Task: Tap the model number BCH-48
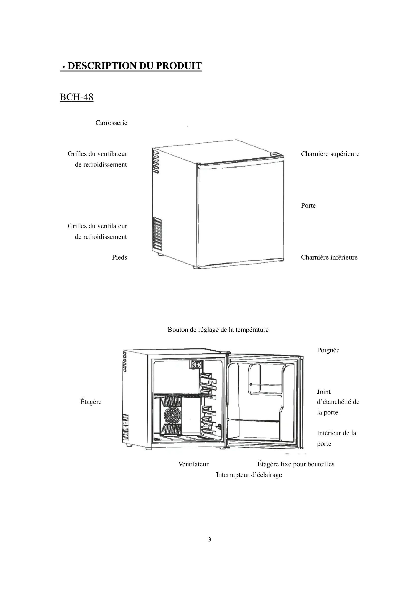pos(76,97)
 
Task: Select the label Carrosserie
pos(111,123)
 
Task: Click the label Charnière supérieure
pos(330,154)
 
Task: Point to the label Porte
pos(308,206)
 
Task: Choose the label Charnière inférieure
pos(329,258)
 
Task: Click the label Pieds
pos(120,258)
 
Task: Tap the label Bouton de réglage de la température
pos(218,330)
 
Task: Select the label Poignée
pos(328,350)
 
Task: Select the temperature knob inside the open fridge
pos(196,365)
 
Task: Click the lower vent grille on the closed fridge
pos(157,234)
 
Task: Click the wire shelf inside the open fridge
pos(179,396)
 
